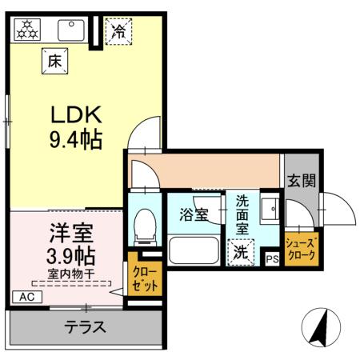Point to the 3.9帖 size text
70,256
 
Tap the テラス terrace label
86,327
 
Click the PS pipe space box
272,258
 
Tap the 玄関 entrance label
302,181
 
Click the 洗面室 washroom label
242,214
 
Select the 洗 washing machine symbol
241,251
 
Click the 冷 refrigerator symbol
118,33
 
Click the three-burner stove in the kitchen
29,30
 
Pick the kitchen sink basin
72,30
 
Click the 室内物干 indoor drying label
70,274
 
